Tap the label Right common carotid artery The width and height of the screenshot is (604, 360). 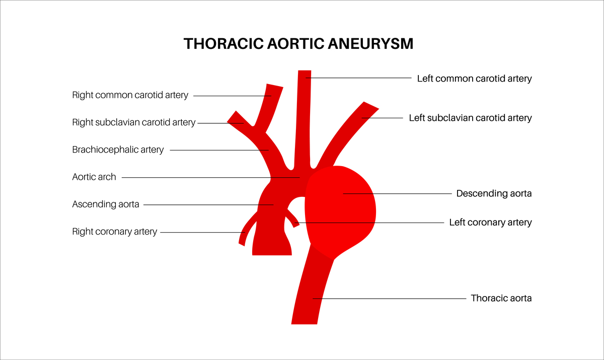(x=130, y=95)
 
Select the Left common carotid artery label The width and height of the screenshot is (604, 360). (x=474, y=79)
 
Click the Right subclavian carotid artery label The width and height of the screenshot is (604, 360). (x=133, y=122)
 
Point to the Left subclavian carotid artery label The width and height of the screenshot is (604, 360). (x=470, y=118)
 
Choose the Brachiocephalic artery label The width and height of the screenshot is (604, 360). (x=118, y=150)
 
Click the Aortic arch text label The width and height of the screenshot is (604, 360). (x=94, y=177)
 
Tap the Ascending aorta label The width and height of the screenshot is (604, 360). (x=105, y=204)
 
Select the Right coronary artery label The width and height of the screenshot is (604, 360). (x=114, y=232)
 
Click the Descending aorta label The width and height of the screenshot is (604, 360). (x=494, y=193)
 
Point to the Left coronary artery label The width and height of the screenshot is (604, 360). (x=490, y=222)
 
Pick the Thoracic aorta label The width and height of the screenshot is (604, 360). (x=501, y=298)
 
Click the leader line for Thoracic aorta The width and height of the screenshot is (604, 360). (x=393, y=299)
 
